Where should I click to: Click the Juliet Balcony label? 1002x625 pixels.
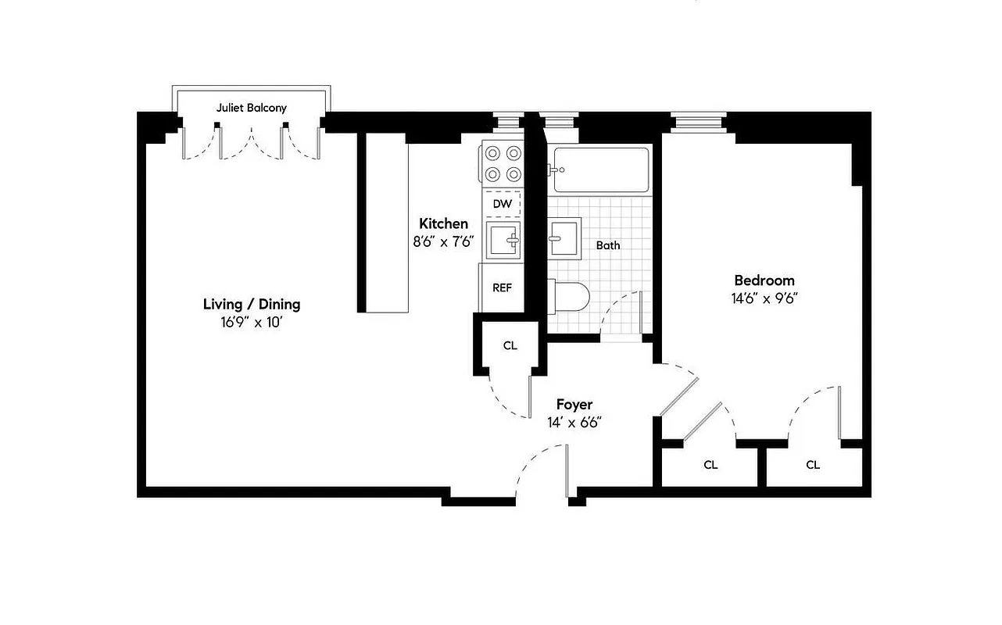[x=251, y=108]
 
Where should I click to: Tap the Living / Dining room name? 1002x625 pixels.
[x=251, y=305]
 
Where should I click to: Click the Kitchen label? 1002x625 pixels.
[x=443, y=223]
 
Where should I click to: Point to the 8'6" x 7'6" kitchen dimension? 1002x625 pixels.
[x=443, y=241]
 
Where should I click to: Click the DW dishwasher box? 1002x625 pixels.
[x=503, y=204]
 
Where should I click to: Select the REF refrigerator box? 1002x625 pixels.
[x=502, y=287]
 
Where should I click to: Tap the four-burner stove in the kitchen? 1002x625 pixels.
[x=503, y=164]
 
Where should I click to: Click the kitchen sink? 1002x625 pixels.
[x=503, y=240]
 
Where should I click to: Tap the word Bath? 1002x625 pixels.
[x=608, y=245]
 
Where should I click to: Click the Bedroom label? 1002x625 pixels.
[x=764, y=280]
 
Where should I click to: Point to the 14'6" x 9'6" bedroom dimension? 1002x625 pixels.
[x=764, y=298]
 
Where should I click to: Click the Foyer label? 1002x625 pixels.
[x=574, y=405]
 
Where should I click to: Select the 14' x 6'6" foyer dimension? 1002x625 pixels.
[x=574, y=423]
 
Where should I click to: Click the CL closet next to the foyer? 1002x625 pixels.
[x=510, y=345]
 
